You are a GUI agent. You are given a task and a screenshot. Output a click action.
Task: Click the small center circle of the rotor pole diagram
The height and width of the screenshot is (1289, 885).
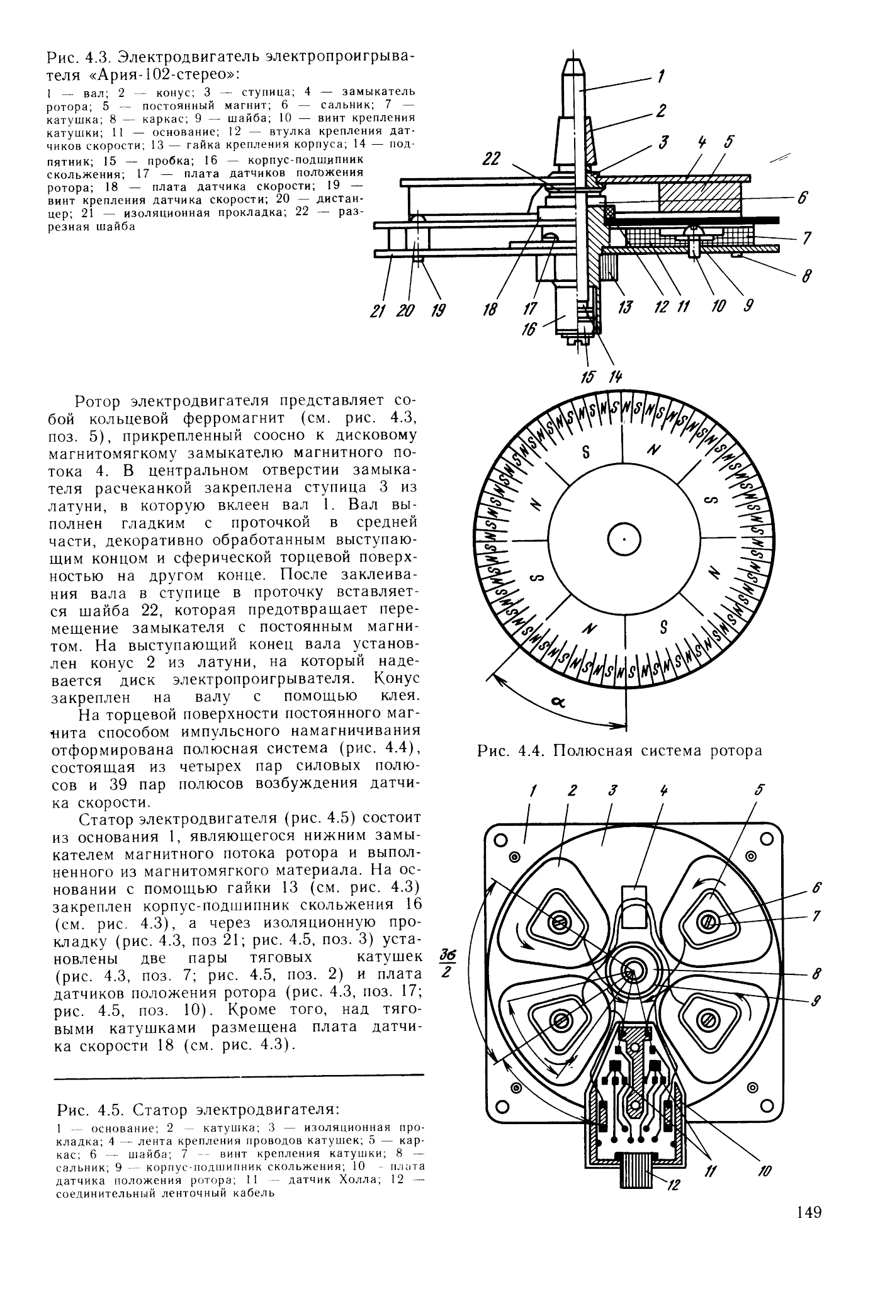(623, 539)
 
